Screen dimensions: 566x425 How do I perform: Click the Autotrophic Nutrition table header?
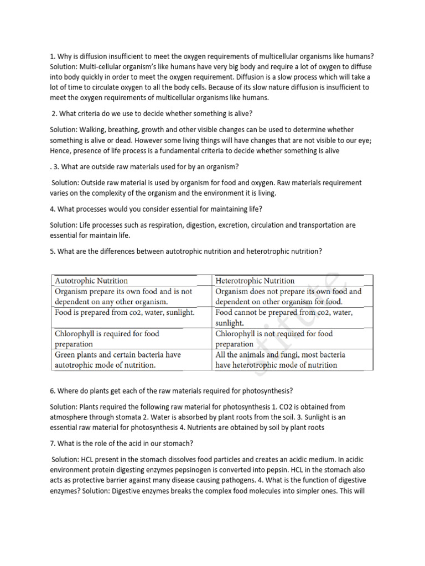point(91,281)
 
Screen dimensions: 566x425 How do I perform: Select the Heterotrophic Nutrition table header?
point(255,281)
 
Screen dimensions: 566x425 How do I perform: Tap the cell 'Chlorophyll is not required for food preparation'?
point(274,338)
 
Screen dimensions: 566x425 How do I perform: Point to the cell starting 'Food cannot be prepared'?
point(283,317)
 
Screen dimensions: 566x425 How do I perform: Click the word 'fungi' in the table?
point(287,354)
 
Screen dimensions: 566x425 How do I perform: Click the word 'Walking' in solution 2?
point(98,129)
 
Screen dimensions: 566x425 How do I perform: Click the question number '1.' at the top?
point(53,56)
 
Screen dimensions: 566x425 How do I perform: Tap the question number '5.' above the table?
point(53,251)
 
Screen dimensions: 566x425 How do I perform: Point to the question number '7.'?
point(53,439)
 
